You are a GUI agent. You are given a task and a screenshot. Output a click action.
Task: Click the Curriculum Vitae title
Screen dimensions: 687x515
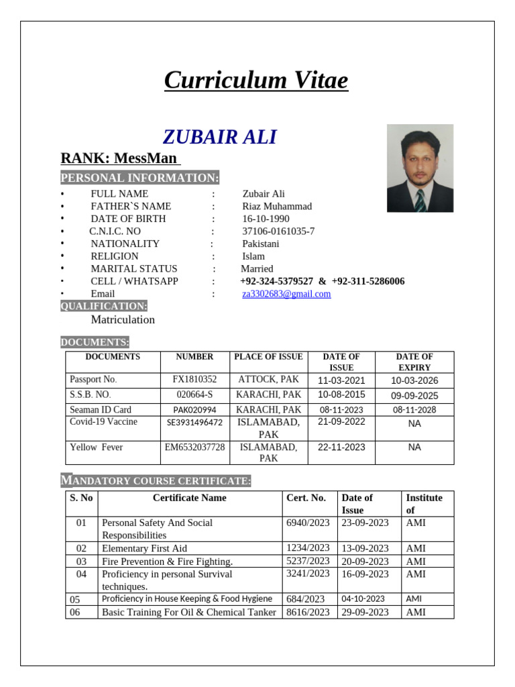click(x=256, y=81)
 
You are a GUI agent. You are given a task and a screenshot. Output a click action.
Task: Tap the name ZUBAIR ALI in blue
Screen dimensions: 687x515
click(x=219, y=137)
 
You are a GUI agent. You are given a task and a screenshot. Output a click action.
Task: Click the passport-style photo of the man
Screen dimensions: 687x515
click(x=420, y=168)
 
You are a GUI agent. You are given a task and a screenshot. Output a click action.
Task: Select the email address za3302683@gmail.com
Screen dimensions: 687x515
click(x=286, y=294)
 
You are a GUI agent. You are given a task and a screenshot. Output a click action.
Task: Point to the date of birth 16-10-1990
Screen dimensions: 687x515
click(x=266, y=219)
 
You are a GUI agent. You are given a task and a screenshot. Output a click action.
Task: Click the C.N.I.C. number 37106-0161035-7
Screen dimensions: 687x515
click(x=278, y=231)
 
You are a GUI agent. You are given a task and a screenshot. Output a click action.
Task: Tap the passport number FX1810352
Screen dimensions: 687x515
click(x=194, y=379)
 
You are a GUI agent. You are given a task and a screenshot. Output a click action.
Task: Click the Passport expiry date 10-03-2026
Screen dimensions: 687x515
click(x=414, y=380)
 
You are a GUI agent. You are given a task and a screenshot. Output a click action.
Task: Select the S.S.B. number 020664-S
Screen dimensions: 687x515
click(x=194, y=394)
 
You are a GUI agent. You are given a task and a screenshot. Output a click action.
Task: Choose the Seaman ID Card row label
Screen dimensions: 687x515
click(x=101, y=409)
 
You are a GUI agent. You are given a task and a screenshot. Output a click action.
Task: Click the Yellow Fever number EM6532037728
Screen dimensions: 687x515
click(x=194, y=447)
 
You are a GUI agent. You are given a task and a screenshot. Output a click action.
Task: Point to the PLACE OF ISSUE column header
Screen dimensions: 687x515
click(x=268, y=357)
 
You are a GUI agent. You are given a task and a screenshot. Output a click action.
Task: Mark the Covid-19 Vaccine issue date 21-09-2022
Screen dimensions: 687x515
click(x=341, y=421)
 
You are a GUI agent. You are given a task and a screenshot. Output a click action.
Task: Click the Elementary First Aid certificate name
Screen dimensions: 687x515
click(x=144, y=548)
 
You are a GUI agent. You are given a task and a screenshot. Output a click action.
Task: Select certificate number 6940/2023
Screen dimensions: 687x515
click(x=308, y=523)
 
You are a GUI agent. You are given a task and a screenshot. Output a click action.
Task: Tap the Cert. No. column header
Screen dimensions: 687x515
click(x=306, y=498)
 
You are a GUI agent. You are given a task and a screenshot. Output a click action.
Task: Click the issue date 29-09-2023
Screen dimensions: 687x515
click(x=365, y=612)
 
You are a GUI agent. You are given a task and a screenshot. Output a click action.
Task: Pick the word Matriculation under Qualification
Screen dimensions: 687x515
click(x=123, y=319)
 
